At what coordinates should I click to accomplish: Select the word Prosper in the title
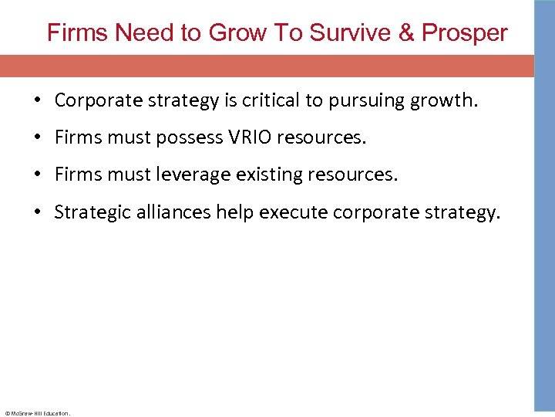coord(465,33)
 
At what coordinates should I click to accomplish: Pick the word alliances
coord(175,212)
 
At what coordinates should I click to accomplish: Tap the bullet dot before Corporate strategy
coord(37,101)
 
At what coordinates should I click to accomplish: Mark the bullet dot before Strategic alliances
coord(37,213)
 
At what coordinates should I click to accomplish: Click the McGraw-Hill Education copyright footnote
coord(37,413)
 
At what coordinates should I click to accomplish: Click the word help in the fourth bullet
coord(235,212)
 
